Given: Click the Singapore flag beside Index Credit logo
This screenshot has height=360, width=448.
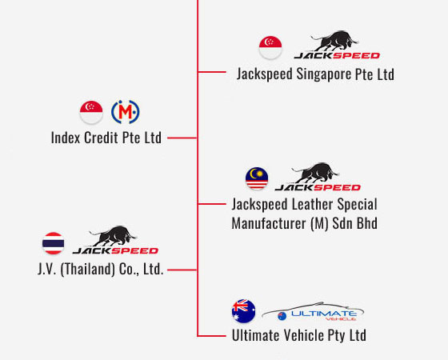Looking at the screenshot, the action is (x=91, y=112).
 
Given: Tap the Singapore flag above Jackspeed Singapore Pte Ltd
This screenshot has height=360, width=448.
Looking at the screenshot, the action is (x=270, y=47).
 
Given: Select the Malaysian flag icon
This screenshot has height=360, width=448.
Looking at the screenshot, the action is (x=257, y=178).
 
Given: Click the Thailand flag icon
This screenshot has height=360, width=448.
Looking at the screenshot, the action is (x=53, y=243).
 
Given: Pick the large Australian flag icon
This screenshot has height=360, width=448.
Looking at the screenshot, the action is (x=244, y=311).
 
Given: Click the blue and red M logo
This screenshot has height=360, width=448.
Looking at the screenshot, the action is (x=125, y=112).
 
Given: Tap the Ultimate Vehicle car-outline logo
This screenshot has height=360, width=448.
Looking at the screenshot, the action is (x=313, y=312).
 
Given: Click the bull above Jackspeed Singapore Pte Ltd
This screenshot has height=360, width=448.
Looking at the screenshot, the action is (x=334, y=41).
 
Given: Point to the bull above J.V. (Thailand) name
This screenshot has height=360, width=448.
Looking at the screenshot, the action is (x=113, y=236).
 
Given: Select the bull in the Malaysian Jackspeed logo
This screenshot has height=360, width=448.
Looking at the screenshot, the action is (x=315, y=173).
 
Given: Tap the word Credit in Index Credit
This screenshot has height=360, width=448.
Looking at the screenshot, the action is (x=101, y=138).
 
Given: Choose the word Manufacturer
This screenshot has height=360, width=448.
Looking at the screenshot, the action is (x=269, y=223).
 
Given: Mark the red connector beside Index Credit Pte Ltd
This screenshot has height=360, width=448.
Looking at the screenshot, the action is (x=182, y=138).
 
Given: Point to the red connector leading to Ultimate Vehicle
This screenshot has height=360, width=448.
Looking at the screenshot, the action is (x=212, y=336).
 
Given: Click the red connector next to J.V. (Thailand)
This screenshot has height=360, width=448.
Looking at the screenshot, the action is (x=182, y=270).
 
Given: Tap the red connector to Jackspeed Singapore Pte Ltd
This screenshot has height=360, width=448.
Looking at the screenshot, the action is (x=212, y=72).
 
